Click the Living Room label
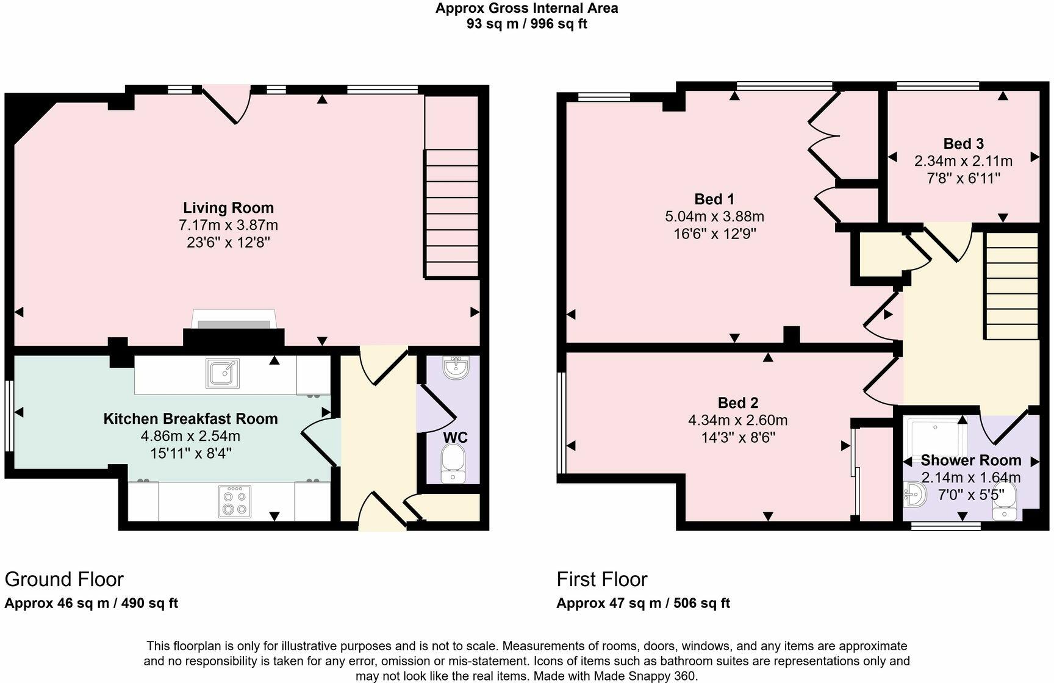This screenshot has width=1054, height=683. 228,207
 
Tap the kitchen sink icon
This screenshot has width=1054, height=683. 223,373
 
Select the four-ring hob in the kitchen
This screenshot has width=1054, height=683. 234,501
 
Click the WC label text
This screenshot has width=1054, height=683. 455,437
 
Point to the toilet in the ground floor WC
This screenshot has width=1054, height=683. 453,463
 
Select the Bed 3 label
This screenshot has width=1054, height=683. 963,144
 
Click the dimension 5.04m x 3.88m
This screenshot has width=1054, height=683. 714,216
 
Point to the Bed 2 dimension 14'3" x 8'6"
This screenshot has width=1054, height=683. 737,437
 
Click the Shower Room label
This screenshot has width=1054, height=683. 970,460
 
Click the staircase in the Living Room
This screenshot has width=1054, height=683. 451,213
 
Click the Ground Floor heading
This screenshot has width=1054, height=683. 64,579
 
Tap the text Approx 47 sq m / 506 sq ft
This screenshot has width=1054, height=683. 643,603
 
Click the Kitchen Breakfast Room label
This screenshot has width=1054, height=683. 190,419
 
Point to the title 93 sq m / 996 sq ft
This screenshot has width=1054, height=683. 526,24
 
